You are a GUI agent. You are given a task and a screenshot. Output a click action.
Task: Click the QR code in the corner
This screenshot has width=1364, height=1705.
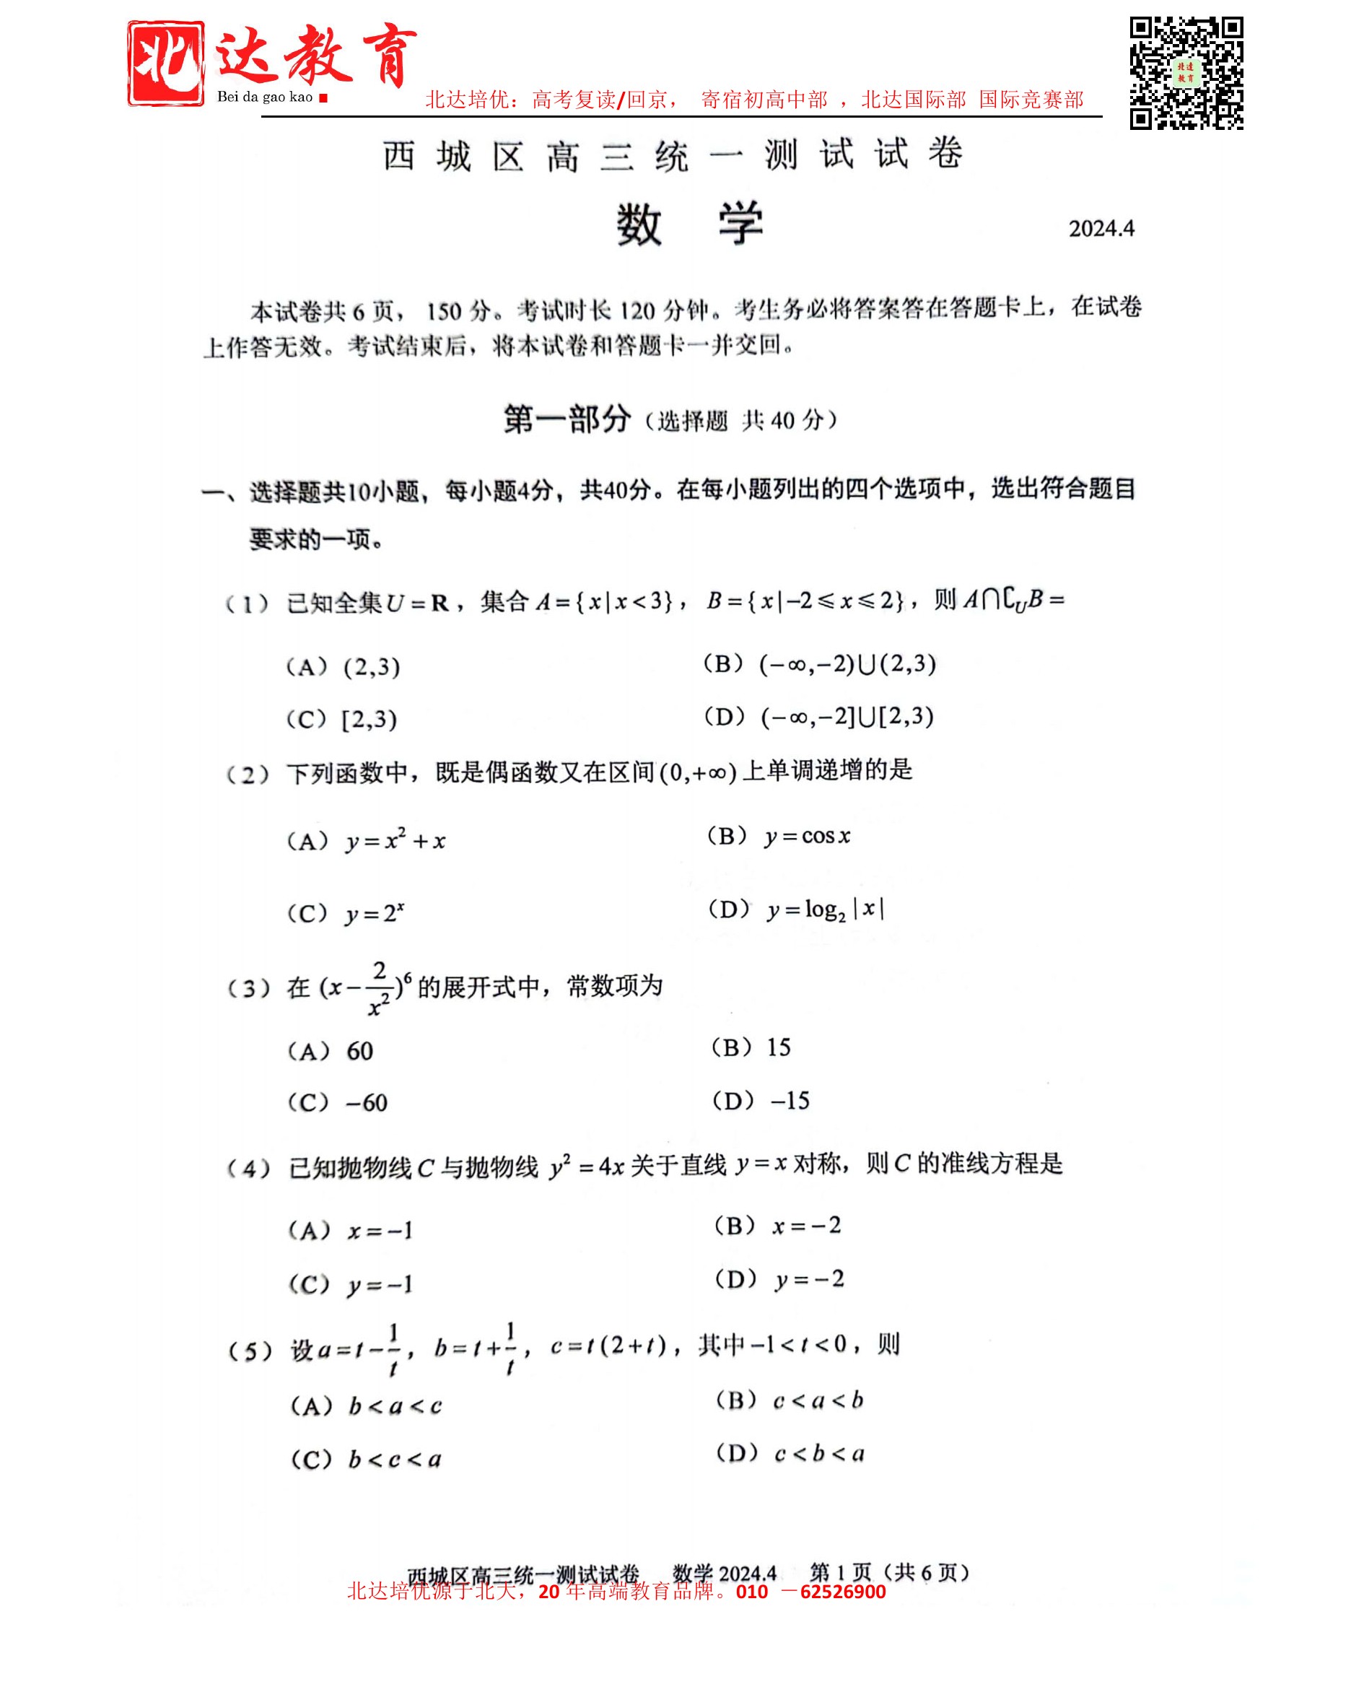pos(1185,73)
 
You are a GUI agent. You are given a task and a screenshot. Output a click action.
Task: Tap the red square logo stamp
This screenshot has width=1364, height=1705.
pos(165,64)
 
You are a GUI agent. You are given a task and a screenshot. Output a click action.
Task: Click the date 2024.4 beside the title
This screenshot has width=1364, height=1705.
pos(1101,229)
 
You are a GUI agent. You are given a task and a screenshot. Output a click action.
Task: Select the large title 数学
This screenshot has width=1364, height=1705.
pos(689,224)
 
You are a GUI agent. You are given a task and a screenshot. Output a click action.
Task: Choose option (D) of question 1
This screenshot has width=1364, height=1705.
pos(819,717)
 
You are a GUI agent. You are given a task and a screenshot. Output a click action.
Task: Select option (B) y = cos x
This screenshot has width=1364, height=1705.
pos(779,836)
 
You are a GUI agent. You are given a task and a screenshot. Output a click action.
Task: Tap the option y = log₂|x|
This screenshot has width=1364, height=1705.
pos(796,910)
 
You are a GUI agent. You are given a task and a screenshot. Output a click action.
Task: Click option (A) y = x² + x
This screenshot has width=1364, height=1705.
pos(367,840)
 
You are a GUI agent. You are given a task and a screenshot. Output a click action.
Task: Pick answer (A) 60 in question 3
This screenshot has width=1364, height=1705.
pos(331,1051)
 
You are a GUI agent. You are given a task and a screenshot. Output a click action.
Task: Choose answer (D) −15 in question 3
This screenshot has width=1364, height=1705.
pos(761,1101)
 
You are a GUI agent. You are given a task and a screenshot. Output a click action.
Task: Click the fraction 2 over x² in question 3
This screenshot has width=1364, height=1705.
pos(380,987)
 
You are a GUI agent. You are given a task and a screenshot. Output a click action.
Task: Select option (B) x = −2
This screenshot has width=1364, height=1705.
pos(777,1226)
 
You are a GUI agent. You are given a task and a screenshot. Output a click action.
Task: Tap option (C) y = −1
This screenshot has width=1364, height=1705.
pos(351,1284)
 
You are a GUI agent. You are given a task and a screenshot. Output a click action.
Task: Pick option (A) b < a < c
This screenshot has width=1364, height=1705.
pos(367,1405)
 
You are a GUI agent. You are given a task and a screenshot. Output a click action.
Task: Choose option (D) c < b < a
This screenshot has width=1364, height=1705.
pos(790,1453)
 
